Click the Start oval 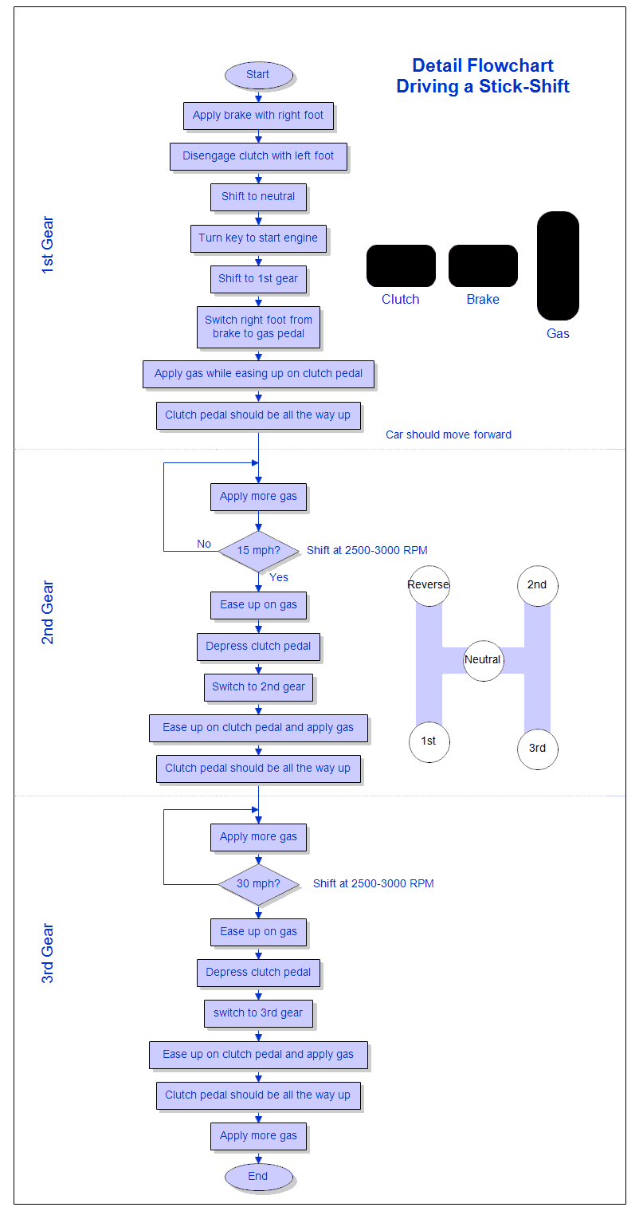258,75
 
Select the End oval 258,1176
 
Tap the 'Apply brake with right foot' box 258,116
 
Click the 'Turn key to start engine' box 258,238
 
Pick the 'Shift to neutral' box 258,197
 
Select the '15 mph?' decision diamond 258,551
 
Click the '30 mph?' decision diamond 258,884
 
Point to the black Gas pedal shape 558,265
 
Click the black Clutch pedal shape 401,265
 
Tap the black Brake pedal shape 483,265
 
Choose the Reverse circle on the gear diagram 429,585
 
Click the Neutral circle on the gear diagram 483,660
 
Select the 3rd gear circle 537,749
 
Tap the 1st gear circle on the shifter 429,741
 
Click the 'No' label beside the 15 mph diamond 204,544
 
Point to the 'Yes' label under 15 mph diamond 279,577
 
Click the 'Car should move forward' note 449,435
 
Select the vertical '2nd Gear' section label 48,612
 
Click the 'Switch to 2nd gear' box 258,687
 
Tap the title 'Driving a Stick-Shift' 483,87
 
